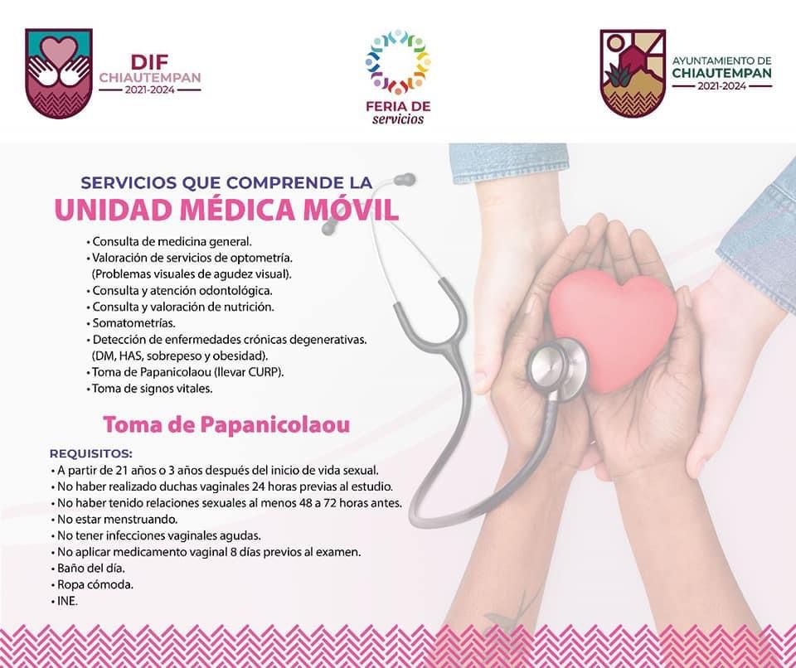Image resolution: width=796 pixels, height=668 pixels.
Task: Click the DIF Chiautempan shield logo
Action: (x=58, y=74)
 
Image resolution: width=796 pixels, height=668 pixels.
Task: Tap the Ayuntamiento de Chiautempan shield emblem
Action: (x=633, y=74)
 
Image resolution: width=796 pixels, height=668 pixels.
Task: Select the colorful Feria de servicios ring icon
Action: (x=398, y=61)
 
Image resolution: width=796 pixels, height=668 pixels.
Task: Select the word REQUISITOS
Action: (x=91, y=453)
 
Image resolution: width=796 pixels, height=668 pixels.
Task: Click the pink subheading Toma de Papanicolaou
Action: (x=226, y=424)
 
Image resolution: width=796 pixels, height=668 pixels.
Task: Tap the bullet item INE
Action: (x=66, y=601)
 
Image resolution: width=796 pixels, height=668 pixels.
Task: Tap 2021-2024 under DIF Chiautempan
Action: (x=150, y=90)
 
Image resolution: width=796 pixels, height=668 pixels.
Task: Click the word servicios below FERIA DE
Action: (x=398, y=119)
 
